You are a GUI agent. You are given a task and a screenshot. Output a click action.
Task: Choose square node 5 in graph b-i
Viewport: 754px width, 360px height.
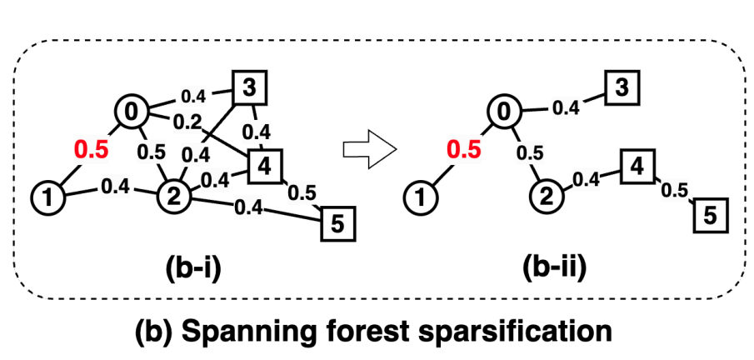point(337,220)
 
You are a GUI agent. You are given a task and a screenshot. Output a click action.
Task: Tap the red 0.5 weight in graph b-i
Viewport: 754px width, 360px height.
point(90,150)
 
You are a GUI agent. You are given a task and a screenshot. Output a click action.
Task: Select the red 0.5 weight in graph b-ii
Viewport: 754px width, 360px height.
point(463,150)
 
